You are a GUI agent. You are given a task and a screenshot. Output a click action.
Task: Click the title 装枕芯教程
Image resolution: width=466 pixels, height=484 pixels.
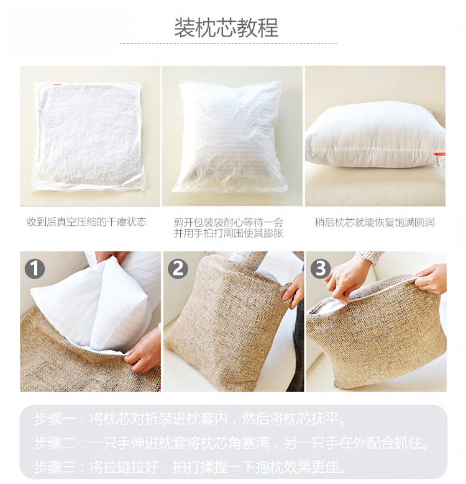point(226,27)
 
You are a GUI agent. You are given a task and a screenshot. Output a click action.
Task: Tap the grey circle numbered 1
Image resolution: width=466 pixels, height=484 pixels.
point(35,269)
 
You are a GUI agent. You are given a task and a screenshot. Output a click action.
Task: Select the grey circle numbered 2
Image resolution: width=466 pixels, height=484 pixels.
point(178,269)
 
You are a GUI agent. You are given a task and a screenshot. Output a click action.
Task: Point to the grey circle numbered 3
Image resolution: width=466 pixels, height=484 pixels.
point(321,269)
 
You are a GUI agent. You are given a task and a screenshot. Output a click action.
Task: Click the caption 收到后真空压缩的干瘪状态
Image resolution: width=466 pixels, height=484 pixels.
point(86,222)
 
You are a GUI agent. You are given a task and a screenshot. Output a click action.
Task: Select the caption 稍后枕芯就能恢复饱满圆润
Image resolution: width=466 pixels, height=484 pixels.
point(375,222)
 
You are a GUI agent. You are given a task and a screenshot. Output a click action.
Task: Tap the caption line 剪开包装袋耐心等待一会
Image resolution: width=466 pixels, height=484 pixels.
point(229,222)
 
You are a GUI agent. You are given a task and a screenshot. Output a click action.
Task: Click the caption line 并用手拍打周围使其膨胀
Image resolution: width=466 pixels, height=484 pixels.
point(229,233)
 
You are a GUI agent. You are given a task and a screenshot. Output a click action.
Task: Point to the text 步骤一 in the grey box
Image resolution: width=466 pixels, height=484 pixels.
point(55,419)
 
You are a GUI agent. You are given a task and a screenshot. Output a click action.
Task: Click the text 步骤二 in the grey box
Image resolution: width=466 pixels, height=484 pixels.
point(55,443)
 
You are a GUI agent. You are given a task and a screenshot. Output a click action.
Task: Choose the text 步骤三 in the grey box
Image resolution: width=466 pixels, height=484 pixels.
point(55,467)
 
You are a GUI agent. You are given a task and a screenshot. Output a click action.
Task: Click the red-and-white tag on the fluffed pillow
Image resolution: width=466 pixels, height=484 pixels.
point(439,159)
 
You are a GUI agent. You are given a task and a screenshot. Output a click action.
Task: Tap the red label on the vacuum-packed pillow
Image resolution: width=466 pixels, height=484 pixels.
point(57,84)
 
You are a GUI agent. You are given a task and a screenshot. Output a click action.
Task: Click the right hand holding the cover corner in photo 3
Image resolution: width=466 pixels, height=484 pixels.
point(432,279)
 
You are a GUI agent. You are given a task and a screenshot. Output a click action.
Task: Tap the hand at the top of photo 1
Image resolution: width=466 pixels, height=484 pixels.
point(110,256)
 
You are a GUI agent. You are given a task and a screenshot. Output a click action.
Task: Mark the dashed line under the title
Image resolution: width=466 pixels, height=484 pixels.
point(229,43)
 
